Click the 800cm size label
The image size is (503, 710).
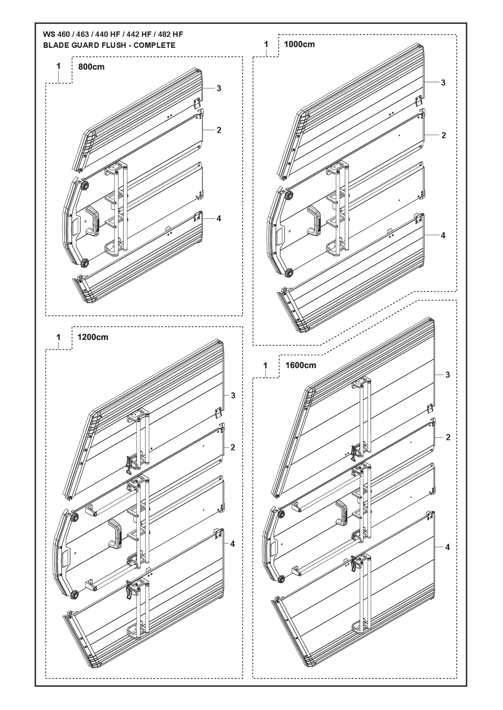click(91, 67)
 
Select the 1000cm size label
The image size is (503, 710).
click(299, 44)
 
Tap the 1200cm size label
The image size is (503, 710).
click(93, 337)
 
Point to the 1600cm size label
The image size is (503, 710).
click(301, 365)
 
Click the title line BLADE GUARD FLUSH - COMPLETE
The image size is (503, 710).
click(109, 45)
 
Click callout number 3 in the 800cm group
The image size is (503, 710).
click(219, 88)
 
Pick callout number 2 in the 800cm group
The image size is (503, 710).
click(219, 130)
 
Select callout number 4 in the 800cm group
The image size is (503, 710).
click(219, 218)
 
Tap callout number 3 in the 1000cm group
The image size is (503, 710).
click(443, 83)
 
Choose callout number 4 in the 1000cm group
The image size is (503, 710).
click(443, 235)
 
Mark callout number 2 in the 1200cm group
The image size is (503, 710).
click(233, 447)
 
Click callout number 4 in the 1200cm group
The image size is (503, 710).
click(233, 544)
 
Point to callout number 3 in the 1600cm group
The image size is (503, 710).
click(448, 375)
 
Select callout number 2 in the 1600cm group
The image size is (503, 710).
click(448, 437)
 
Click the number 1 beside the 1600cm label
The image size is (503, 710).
click(265, 365)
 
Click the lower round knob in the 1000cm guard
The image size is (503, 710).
click(289, 273)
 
